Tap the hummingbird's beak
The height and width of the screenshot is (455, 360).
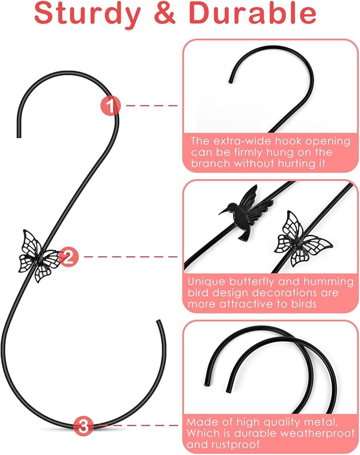[x=223, y=212]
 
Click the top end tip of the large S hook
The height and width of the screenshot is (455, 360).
[x=19, y=136]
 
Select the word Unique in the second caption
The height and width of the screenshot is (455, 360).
[x=205, y=282]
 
